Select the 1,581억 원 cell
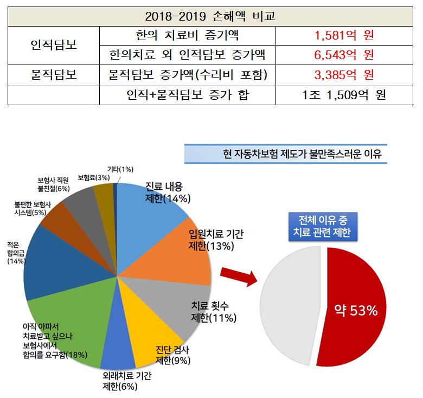[344, 36]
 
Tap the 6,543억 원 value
[344, 55]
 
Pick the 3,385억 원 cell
[344, 75]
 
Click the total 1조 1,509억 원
[344, 95]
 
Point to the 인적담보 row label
[53, 45]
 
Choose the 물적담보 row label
[53, 75]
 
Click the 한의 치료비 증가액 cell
[188, 36]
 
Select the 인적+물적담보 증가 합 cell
[188, 95]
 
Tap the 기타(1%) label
[120, 170]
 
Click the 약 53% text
[356, 310]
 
